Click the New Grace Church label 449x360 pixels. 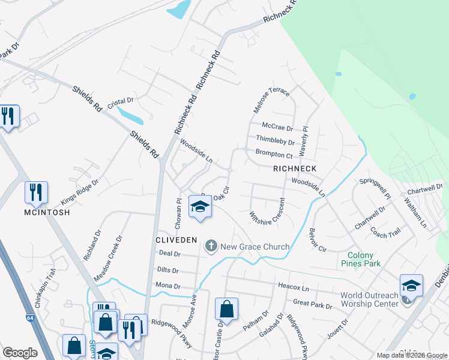255,247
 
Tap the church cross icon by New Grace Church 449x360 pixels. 211,245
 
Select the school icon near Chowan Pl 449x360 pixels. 200,208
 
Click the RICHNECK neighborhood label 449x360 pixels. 294,169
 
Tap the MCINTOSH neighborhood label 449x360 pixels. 47,212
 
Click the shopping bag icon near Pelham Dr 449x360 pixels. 227,310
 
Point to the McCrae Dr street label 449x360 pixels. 277,128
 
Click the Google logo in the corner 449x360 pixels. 20,353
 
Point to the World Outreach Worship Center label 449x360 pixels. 369,299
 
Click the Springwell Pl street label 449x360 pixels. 375,187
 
